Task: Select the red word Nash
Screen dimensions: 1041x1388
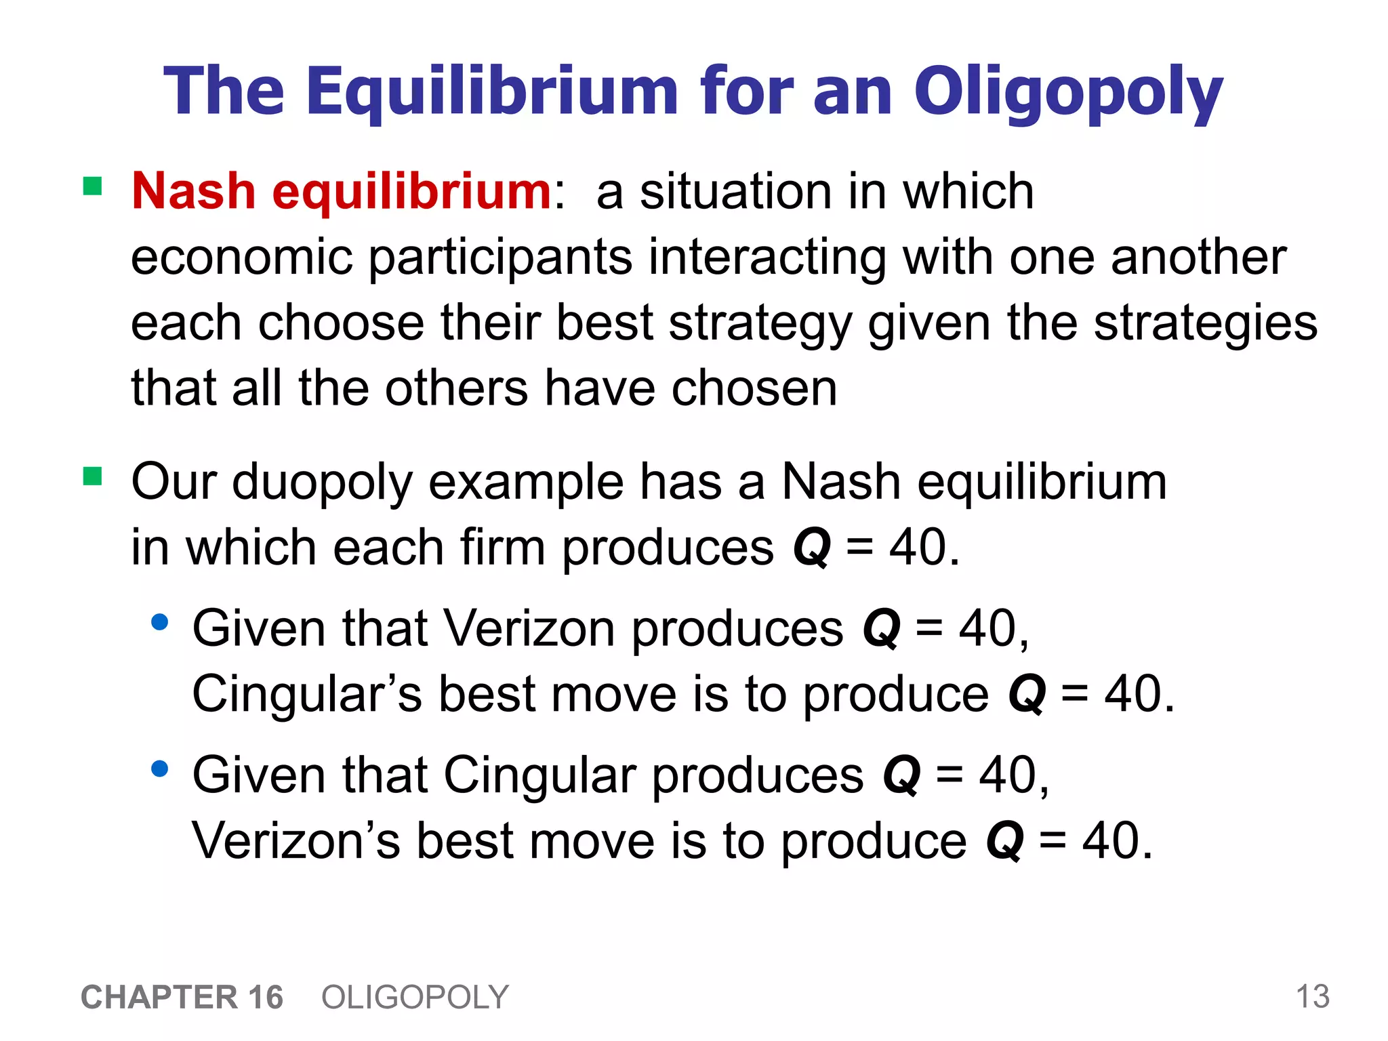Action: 194,191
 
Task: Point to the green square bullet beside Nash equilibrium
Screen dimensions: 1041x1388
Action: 92,186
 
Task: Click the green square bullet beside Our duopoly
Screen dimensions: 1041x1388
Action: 92,476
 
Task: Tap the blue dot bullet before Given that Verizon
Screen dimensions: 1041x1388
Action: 160,622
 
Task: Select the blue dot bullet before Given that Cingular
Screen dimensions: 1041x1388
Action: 160,769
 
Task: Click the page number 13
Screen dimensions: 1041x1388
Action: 1312,997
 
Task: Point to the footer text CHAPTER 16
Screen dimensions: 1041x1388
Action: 182,998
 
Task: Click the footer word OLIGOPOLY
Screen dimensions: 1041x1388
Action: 415,998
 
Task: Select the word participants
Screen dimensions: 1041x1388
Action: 500,258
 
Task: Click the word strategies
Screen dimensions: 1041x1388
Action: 1206,323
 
